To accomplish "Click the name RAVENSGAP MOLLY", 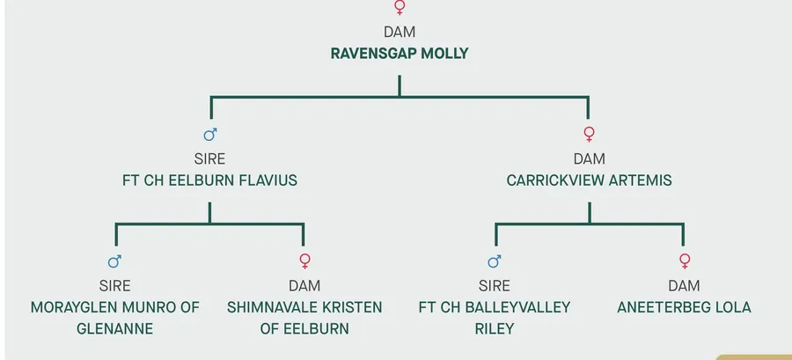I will pos(400,54).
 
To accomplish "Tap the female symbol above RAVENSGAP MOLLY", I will pos(400,8).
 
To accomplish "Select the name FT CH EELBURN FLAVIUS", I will pos(209,180).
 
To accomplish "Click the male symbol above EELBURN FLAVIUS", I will pos(209,135).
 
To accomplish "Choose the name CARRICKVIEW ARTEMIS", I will pos(589,180).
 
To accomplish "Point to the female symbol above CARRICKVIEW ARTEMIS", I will pos(589,134).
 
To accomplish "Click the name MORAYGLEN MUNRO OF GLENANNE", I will pos(115,318).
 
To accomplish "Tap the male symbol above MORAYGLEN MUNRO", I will pos(114,261).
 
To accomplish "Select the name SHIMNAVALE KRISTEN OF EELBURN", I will pos(304,318).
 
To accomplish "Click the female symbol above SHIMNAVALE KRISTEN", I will pos(304,261).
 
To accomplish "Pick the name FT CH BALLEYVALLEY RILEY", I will pos(495,318).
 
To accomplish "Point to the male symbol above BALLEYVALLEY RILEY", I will pos(494,261).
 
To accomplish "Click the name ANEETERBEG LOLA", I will pos(684,307).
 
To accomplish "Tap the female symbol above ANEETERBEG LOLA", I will pos(684,261).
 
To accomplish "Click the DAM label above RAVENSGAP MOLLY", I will pos(400,33).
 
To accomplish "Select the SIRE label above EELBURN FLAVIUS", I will pos(209,159).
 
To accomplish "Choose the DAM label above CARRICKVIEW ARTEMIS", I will pos(589,159).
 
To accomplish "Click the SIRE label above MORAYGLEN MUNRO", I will pos(115,286).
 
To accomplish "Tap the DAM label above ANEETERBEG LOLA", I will pos(684,286).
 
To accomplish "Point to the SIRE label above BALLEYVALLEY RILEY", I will pos(495,286).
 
